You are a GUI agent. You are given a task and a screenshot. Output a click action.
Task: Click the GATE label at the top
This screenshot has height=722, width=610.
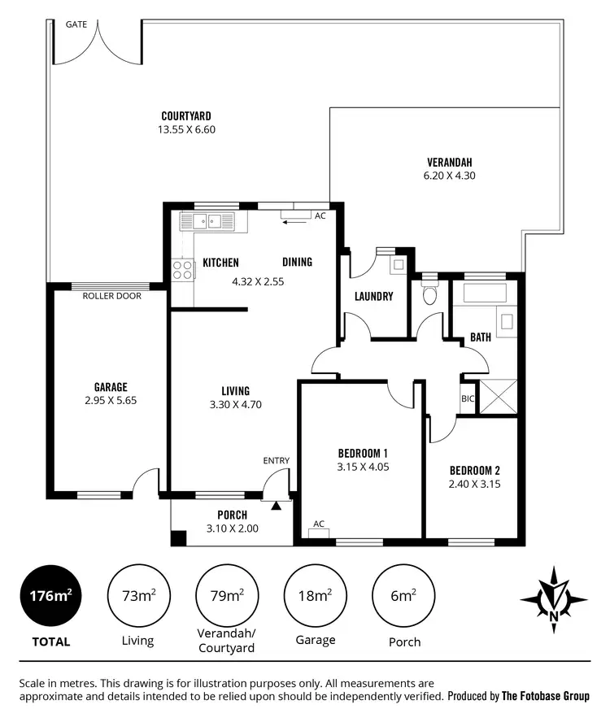[x=76, y=24]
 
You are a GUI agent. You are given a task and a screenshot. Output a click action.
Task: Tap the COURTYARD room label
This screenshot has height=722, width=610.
[x=186, y=116]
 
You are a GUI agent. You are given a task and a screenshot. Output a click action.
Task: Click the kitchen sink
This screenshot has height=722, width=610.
[x=207, y=220]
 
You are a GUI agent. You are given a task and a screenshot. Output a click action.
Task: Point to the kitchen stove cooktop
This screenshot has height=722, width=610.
[x=182, y=269]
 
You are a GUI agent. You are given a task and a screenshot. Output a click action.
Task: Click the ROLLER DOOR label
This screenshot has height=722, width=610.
[x=112, y=296]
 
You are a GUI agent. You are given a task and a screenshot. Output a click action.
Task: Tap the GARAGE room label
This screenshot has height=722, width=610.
[x=111, y=387]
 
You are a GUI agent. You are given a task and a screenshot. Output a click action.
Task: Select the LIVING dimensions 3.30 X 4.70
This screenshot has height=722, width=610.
[x=235, y=404]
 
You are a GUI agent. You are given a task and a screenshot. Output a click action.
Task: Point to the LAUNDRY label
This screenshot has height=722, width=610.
[x=374, y=297]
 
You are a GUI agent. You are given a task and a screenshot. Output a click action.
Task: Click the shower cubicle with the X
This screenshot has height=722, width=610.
[x=498, y=398]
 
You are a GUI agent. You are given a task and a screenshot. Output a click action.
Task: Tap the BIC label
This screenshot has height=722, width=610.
[x=468, y=399]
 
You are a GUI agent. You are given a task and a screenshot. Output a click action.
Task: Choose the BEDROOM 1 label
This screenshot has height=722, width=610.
[x=362, y=454]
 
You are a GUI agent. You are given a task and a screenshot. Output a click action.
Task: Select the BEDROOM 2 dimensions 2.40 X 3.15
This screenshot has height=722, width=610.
[x=475, y=484]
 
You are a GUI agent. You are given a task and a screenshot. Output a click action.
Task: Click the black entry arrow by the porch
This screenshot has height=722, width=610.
[x=276, y=506]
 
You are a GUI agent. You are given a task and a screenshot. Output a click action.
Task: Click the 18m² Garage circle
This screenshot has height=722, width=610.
[x=315, y=596]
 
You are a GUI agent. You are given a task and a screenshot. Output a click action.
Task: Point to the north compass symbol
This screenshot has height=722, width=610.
[x=554, y=599]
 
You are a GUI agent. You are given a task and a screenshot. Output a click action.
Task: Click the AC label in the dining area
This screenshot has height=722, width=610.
[x=320, y=216]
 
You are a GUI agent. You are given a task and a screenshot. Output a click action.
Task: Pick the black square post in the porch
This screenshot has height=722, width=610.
[x=177, y=537]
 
